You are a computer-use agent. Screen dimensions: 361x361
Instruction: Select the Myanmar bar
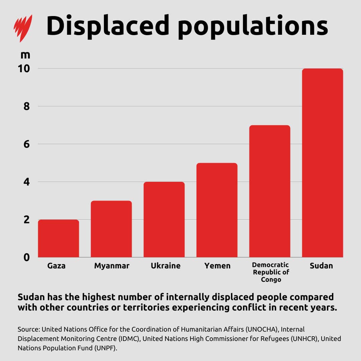[111, 229]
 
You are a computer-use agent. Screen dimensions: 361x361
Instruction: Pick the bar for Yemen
[217, 210]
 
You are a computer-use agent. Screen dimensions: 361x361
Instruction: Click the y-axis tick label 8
[27, 106]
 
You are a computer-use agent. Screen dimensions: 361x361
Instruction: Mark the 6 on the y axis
[27, 144]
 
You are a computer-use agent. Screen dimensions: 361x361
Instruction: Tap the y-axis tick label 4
[27, 182]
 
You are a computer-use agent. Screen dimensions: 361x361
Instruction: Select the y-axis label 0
[27, 257]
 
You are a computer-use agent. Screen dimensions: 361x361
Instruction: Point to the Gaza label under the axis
[56, 266]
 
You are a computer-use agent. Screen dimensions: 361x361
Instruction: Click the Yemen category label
[217, 266]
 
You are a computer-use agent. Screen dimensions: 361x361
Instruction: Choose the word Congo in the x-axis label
[271, 279]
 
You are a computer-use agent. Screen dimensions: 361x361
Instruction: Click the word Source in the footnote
[28, 329]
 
